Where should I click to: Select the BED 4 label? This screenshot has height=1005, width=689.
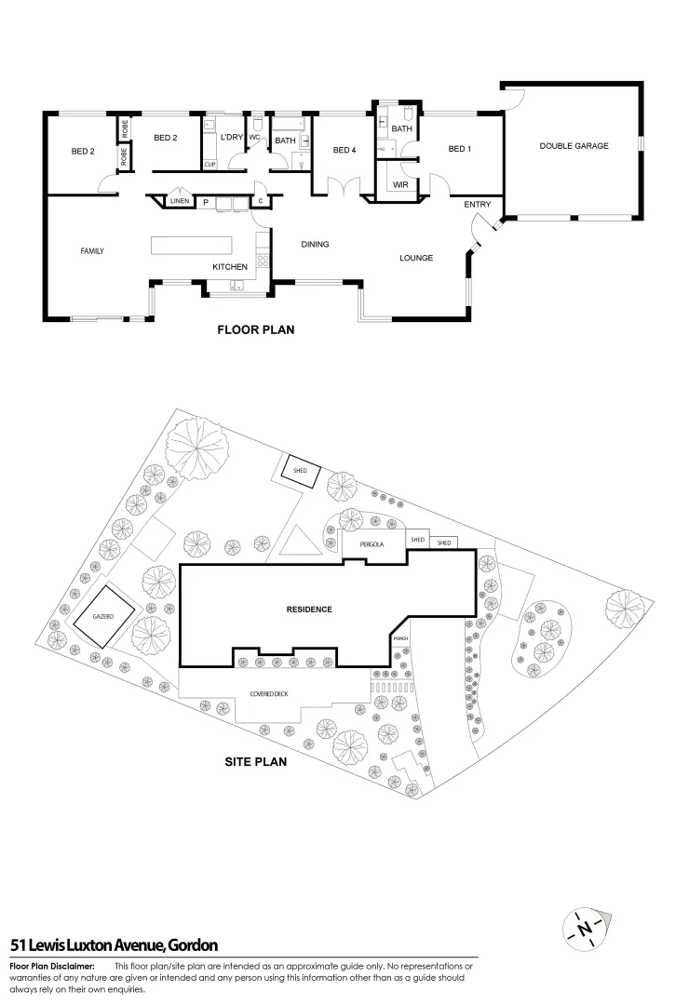344,151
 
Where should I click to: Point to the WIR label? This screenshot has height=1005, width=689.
400,185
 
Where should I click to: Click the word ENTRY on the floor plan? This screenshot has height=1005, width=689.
478,206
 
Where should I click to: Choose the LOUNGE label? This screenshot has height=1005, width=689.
416,258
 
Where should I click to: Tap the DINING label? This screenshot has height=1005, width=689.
315,245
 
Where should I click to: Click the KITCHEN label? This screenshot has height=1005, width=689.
230,267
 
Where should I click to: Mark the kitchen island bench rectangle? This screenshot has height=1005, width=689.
192,245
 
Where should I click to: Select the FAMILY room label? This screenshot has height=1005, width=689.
92,251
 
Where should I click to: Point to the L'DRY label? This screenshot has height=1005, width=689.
230,139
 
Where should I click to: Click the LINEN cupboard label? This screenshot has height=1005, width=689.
180,201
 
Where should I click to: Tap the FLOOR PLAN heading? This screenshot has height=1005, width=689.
255,328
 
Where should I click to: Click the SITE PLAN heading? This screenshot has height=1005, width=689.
255,760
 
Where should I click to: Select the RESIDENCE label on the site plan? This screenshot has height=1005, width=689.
308,610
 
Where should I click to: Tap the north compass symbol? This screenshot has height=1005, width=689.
585,928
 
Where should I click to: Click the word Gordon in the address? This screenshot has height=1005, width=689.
191,946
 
